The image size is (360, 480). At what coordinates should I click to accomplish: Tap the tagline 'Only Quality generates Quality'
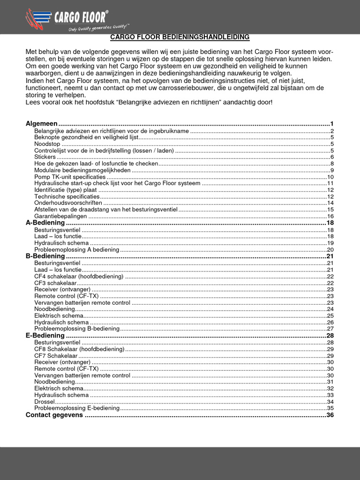point(98,28)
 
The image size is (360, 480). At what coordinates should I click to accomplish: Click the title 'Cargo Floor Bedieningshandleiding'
point(180,37)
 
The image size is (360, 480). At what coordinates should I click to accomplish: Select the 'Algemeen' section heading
point(41,124)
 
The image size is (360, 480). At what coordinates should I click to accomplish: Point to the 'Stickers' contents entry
point(45,157)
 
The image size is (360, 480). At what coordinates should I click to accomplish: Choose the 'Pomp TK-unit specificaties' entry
point(70,177)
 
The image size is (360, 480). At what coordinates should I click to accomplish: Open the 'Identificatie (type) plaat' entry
point(66,190)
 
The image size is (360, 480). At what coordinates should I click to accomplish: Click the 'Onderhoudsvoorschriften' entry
point(68,203)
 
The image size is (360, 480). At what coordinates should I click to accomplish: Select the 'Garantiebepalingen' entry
point(60,216)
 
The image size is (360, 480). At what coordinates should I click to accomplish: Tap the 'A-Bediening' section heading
point(45,223)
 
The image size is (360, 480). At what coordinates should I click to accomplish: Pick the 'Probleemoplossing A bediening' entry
point(76,250)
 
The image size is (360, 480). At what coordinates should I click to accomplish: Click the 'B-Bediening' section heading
point(45,256)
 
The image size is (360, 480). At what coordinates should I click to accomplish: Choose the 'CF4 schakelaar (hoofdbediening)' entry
point(79,277)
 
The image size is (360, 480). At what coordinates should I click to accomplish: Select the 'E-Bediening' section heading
point(45,336)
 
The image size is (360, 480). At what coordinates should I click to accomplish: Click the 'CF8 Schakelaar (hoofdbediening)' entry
point(79,349)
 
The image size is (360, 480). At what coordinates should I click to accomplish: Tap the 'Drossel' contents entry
point(45,402)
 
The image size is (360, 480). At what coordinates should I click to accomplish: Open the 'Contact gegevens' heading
point(54,415)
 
